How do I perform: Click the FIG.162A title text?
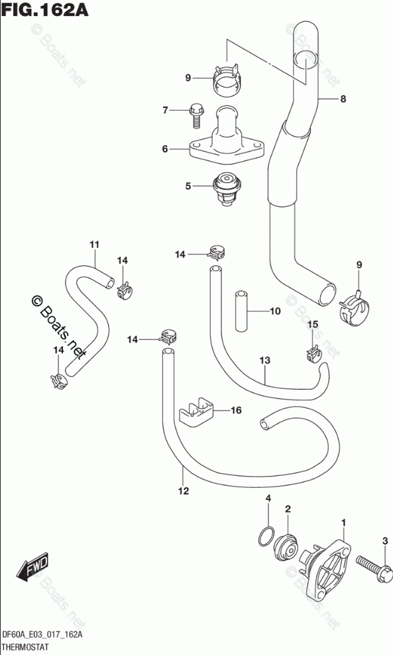tap(44, 9)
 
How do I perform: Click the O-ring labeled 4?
tap(266, 536)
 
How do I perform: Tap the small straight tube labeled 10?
tap(241, 311)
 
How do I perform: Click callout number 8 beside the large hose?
tap(343, 99)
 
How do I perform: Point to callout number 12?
tap(184, 491)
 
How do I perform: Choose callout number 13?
tap(265, 360)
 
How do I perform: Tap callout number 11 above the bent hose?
tap(94, 245)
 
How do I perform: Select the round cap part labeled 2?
tap(285, 544)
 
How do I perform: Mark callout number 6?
tap(165, 149)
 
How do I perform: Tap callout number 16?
tap(236, 410)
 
